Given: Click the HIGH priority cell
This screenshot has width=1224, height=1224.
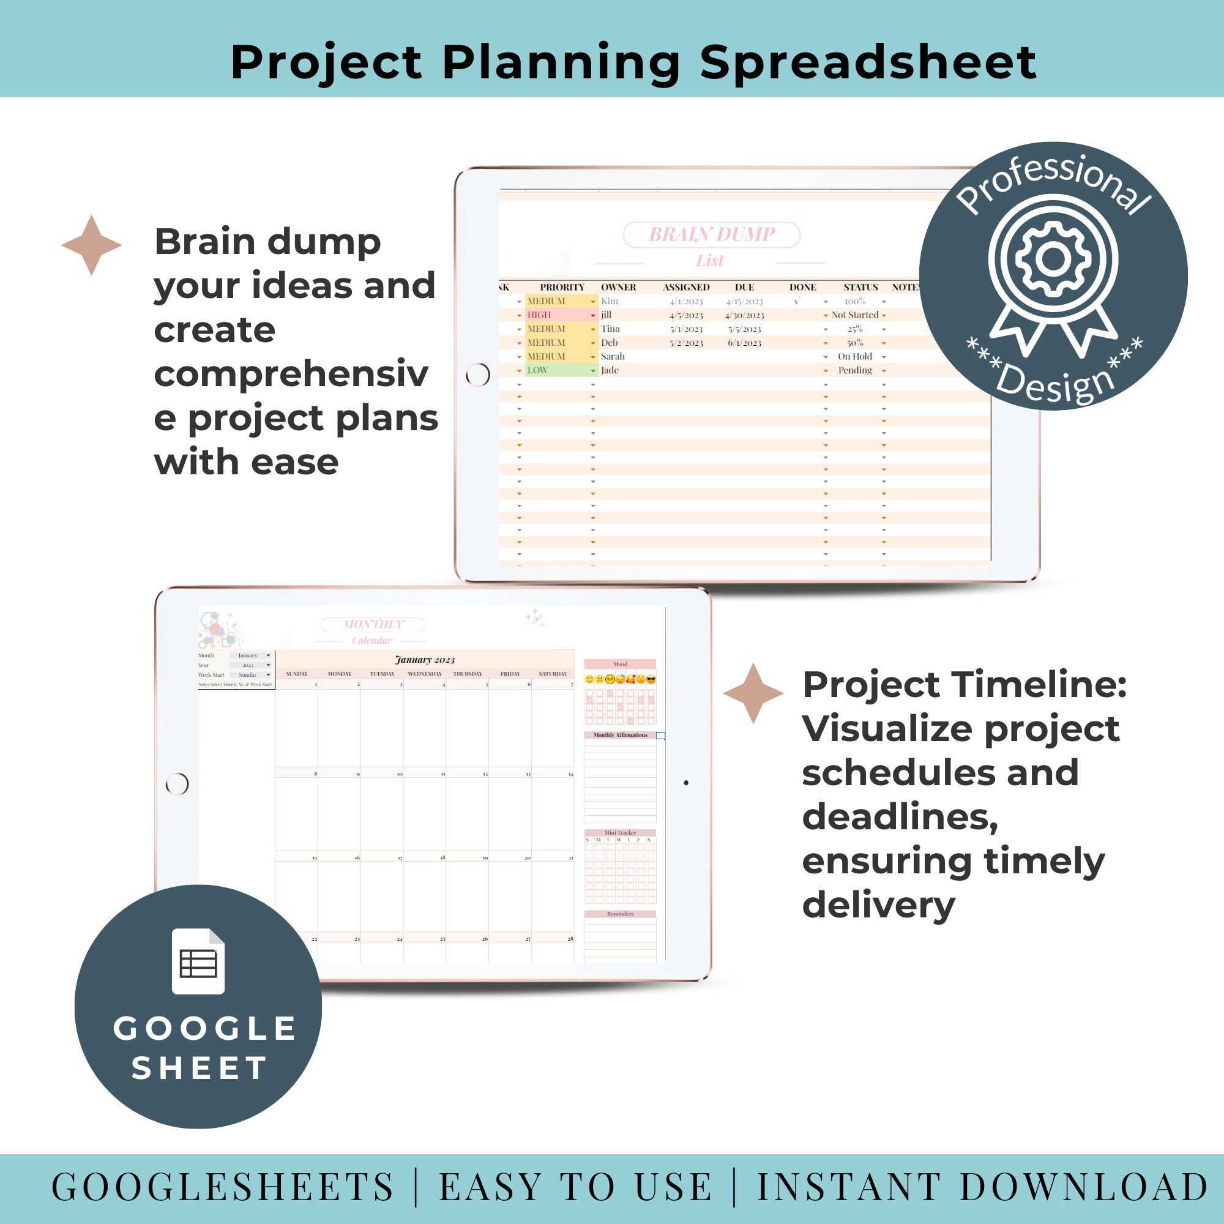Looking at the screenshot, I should point(560,315).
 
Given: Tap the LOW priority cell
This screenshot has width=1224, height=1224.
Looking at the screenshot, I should point(560,371).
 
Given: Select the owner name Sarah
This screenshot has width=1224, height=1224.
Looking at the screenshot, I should point(613,357).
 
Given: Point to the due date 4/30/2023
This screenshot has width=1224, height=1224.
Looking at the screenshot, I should point(744,315).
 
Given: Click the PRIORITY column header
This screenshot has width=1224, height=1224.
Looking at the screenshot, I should point(562,287).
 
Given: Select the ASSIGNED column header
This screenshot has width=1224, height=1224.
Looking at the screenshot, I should point(686,287).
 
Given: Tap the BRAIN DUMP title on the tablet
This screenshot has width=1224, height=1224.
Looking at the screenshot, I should point(712,234).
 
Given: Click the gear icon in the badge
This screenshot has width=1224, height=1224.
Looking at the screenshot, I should point(1052,258).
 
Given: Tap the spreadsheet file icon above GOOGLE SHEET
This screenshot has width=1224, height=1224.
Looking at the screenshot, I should point(198,961).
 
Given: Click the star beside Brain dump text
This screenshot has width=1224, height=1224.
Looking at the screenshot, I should point(91,245).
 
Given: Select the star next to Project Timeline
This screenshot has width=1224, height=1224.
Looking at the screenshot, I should point(753,694).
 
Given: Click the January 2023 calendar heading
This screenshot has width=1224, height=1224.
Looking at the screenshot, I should point(425,660).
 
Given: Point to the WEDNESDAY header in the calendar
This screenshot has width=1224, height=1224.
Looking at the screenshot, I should point(425,673).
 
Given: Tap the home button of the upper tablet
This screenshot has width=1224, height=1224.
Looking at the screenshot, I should point(478,375).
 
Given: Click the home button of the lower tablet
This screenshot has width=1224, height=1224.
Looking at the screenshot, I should point(177,784).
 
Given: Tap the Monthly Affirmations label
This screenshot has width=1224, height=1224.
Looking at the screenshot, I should point(620,735).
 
